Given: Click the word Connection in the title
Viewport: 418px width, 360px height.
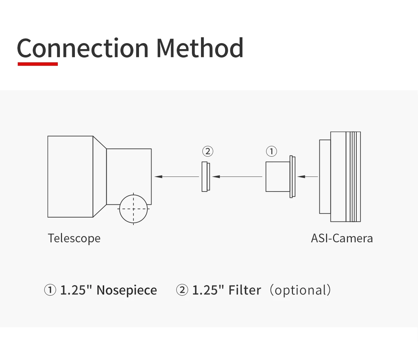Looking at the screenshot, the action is point(83,48).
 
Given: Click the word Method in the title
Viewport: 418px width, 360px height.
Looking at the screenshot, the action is point(199,48).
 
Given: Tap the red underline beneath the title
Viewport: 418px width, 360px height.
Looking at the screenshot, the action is point(38,64).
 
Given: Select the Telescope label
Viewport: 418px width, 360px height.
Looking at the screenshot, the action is point(74,238).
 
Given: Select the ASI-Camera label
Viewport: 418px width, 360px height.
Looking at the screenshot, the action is point(342,238).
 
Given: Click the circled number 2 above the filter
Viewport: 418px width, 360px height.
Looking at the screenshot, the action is point(208,151).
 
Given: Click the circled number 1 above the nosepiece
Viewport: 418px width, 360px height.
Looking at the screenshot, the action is point(271,151).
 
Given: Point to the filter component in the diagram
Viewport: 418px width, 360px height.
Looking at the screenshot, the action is point(206,177).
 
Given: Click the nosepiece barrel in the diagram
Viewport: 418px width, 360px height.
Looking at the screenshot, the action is point(278,177).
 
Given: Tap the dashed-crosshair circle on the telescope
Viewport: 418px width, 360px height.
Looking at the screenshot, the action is point(133,209).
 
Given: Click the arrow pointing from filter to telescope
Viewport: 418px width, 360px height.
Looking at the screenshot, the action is point(177,177).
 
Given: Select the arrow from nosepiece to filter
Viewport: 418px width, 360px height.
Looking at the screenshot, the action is point(237,177).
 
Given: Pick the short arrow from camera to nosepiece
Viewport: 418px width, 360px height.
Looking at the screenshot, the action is point(308,177).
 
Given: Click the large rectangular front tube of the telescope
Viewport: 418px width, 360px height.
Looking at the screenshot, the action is point(70,177).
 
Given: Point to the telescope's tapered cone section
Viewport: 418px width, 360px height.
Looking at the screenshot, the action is point(100,177).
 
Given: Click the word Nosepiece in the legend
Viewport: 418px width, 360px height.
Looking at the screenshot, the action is point(126,290).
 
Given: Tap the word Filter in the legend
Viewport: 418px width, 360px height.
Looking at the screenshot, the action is point(245,290).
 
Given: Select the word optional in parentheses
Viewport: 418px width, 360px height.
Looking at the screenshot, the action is point(300,290).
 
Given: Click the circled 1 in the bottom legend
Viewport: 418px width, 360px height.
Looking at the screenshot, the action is point(50,290).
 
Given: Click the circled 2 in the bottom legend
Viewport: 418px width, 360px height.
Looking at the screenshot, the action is point(182,290).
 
